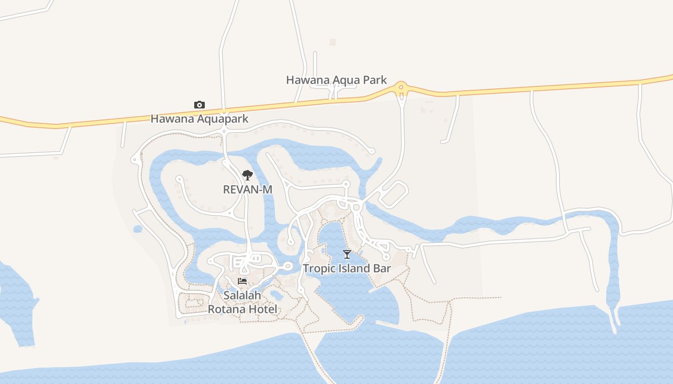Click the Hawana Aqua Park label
(336, 80)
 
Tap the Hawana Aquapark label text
(199, 119)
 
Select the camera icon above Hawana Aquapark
(199, 105)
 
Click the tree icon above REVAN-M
(247, 175)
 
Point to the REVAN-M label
(248, 190)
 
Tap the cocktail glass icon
(347, 254)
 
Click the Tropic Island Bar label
(347, 268)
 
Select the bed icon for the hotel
(242, 281)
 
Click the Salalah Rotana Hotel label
(242, 302)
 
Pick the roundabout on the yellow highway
(401, 88)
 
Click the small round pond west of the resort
(138, 229)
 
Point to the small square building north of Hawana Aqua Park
(333, 42)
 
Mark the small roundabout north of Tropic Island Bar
(356, 207)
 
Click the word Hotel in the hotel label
(262, 309)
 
